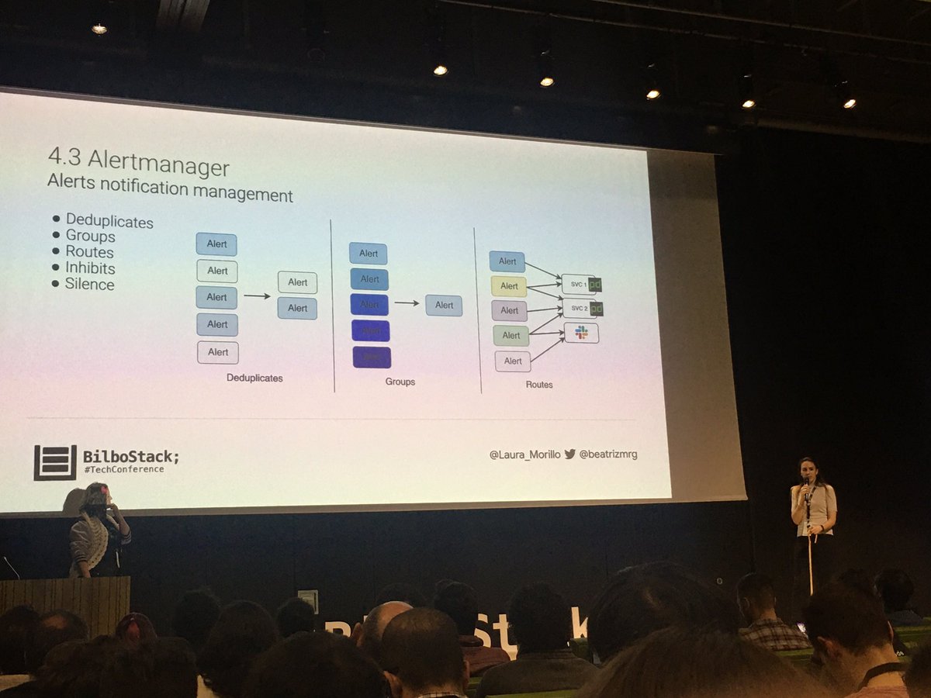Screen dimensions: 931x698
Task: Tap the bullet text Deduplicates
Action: point(109,222)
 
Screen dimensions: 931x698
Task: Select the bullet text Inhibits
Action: point(90,268)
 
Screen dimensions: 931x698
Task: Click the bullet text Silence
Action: point(89,285)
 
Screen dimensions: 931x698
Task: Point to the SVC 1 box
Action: point(578,285)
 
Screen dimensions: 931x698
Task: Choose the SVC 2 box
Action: point(578,309)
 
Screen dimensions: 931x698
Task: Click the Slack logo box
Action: point(581,333)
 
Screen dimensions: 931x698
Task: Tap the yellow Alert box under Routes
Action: point(508,286)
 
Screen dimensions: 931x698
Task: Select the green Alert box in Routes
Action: point(510,335)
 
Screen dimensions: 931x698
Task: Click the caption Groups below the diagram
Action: point(400,382)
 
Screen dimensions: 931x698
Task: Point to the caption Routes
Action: point(539,384)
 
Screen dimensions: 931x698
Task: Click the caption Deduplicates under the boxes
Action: point(254,378)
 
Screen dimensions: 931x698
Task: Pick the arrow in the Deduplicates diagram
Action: point(257,295)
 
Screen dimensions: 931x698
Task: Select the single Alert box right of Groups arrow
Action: point(444,305)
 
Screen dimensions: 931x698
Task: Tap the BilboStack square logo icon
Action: point(54,462)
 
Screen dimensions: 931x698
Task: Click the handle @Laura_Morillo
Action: point(524,454)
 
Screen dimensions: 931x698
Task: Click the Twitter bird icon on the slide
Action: point(569,454)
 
